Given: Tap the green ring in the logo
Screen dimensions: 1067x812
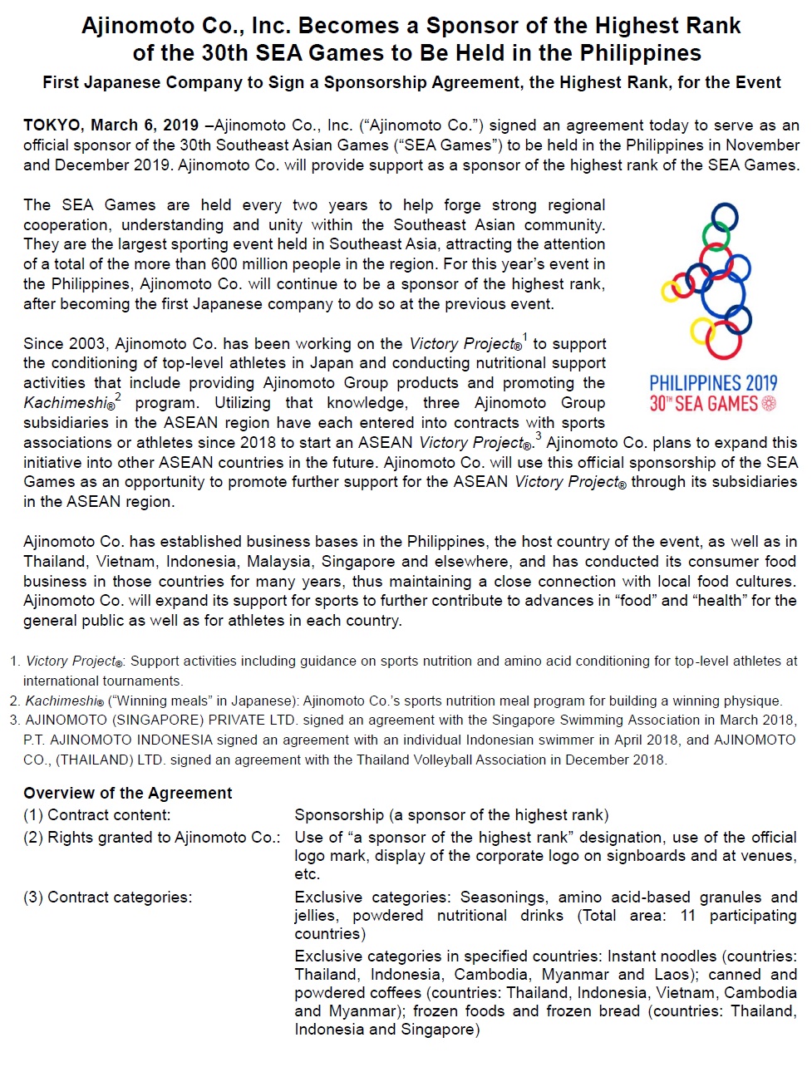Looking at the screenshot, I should (x=716, y=234).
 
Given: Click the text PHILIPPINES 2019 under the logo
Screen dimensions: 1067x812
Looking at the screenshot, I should (x=713, y=383).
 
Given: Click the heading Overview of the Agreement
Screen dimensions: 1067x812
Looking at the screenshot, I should (x=128, y=793).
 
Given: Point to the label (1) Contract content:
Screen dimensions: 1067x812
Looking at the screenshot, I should (x=96, y=815).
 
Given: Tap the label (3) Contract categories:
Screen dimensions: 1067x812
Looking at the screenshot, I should (x=107, y=897).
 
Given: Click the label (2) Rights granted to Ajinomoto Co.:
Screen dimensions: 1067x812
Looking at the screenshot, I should (x=151, y=838).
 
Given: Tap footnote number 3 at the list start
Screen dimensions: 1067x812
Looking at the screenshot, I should (x=14, y=720).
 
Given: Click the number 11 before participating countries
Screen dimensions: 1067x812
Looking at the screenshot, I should (x=687, y=916).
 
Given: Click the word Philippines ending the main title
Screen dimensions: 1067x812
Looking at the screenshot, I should (x=640, y=53).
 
